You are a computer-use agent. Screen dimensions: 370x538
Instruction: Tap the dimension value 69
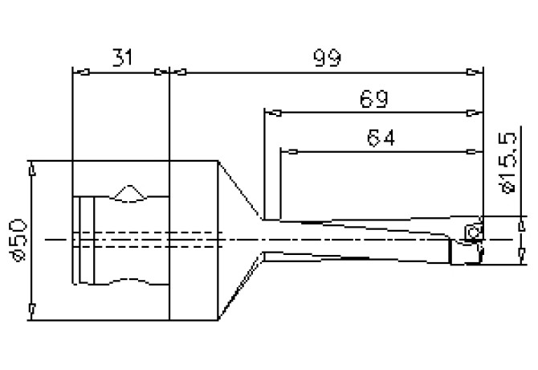[375, 99]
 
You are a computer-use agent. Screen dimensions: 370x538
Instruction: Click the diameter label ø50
[19, 239]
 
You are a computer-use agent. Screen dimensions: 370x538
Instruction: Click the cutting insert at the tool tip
[472, 232]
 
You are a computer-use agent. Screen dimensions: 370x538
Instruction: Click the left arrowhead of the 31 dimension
[77, 72]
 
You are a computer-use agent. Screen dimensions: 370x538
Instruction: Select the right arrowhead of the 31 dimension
[164, 72]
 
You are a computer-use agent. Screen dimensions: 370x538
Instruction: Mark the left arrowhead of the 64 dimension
[284, 151]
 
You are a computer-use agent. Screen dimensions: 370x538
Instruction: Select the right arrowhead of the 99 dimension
[481, 72]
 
